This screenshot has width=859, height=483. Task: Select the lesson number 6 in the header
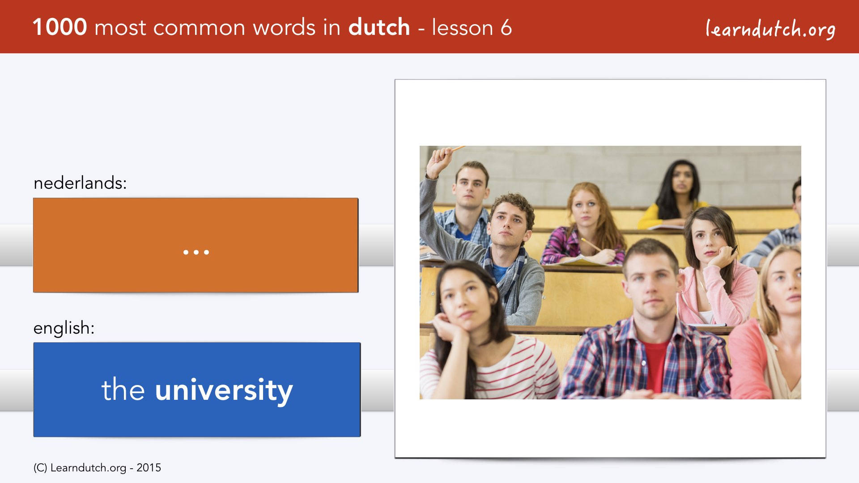tap(506, 27)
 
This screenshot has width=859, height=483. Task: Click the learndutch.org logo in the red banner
tap(770, 29)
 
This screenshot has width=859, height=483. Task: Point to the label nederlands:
tap(80, 183)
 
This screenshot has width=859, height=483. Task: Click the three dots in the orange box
tap(196, 252)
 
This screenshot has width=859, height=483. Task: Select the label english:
tap(64, 328)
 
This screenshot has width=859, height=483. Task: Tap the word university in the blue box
tap(224, 390)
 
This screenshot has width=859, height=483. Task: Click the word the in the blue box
tap(123, 390)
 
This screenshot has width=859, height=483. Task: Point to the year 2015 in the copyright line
tap(149, 468)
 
